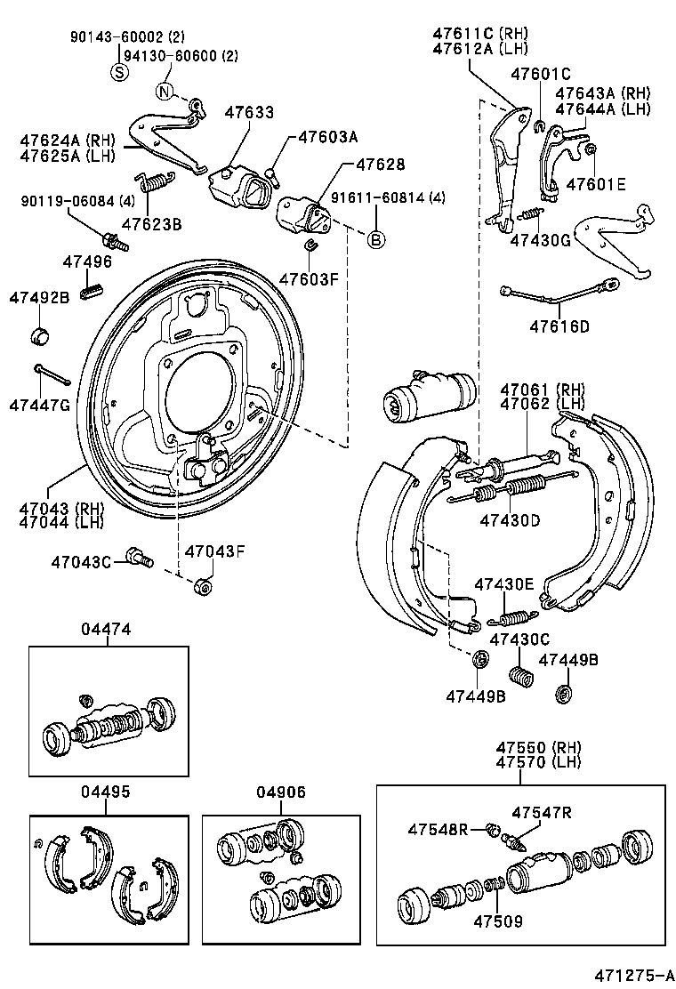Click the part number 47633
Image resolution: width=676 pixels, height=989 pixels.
pyautogui.click(x=249, y=113)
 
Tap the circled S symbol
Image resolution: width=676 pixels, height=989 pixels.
pyautogui.click(x=119, y=72)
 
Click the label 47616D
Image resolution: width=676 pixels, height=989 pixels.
pyautogui.click(x=559, y=326)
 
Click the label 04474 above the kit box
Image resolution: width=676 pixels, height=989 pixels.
pyautogui.click(x=107, y=629)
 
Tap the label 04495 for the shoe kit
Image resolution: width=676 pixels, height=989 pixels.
pyautogui.click(x=105, y=792)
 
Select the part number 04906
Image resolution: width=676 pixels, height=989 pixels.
pyautogui.click(x=281, y=792)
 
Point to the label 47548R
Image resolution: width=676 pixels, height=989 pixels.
pyautogui.click(x=439, y=830)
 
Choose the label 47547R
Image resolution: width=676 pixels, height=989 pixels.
pyautogui.click(x=541, y=812)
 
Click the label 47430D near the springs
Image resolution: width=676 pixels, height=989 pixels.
pyautogui.click(x=510, y=520)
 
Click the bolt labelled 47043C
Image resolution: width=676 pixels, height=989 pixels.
pyautogui.click(x=140, y=558)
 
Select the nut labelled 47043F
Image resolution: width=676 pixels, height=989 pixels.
pyautogui.click(x=202, y=588)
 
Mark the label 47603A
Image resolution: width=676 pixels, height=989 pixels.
pyautogui.click(x=327, y=137)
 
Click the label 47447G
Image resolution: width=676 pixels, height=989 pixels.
pyautogui.click(x=38, y=405)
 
